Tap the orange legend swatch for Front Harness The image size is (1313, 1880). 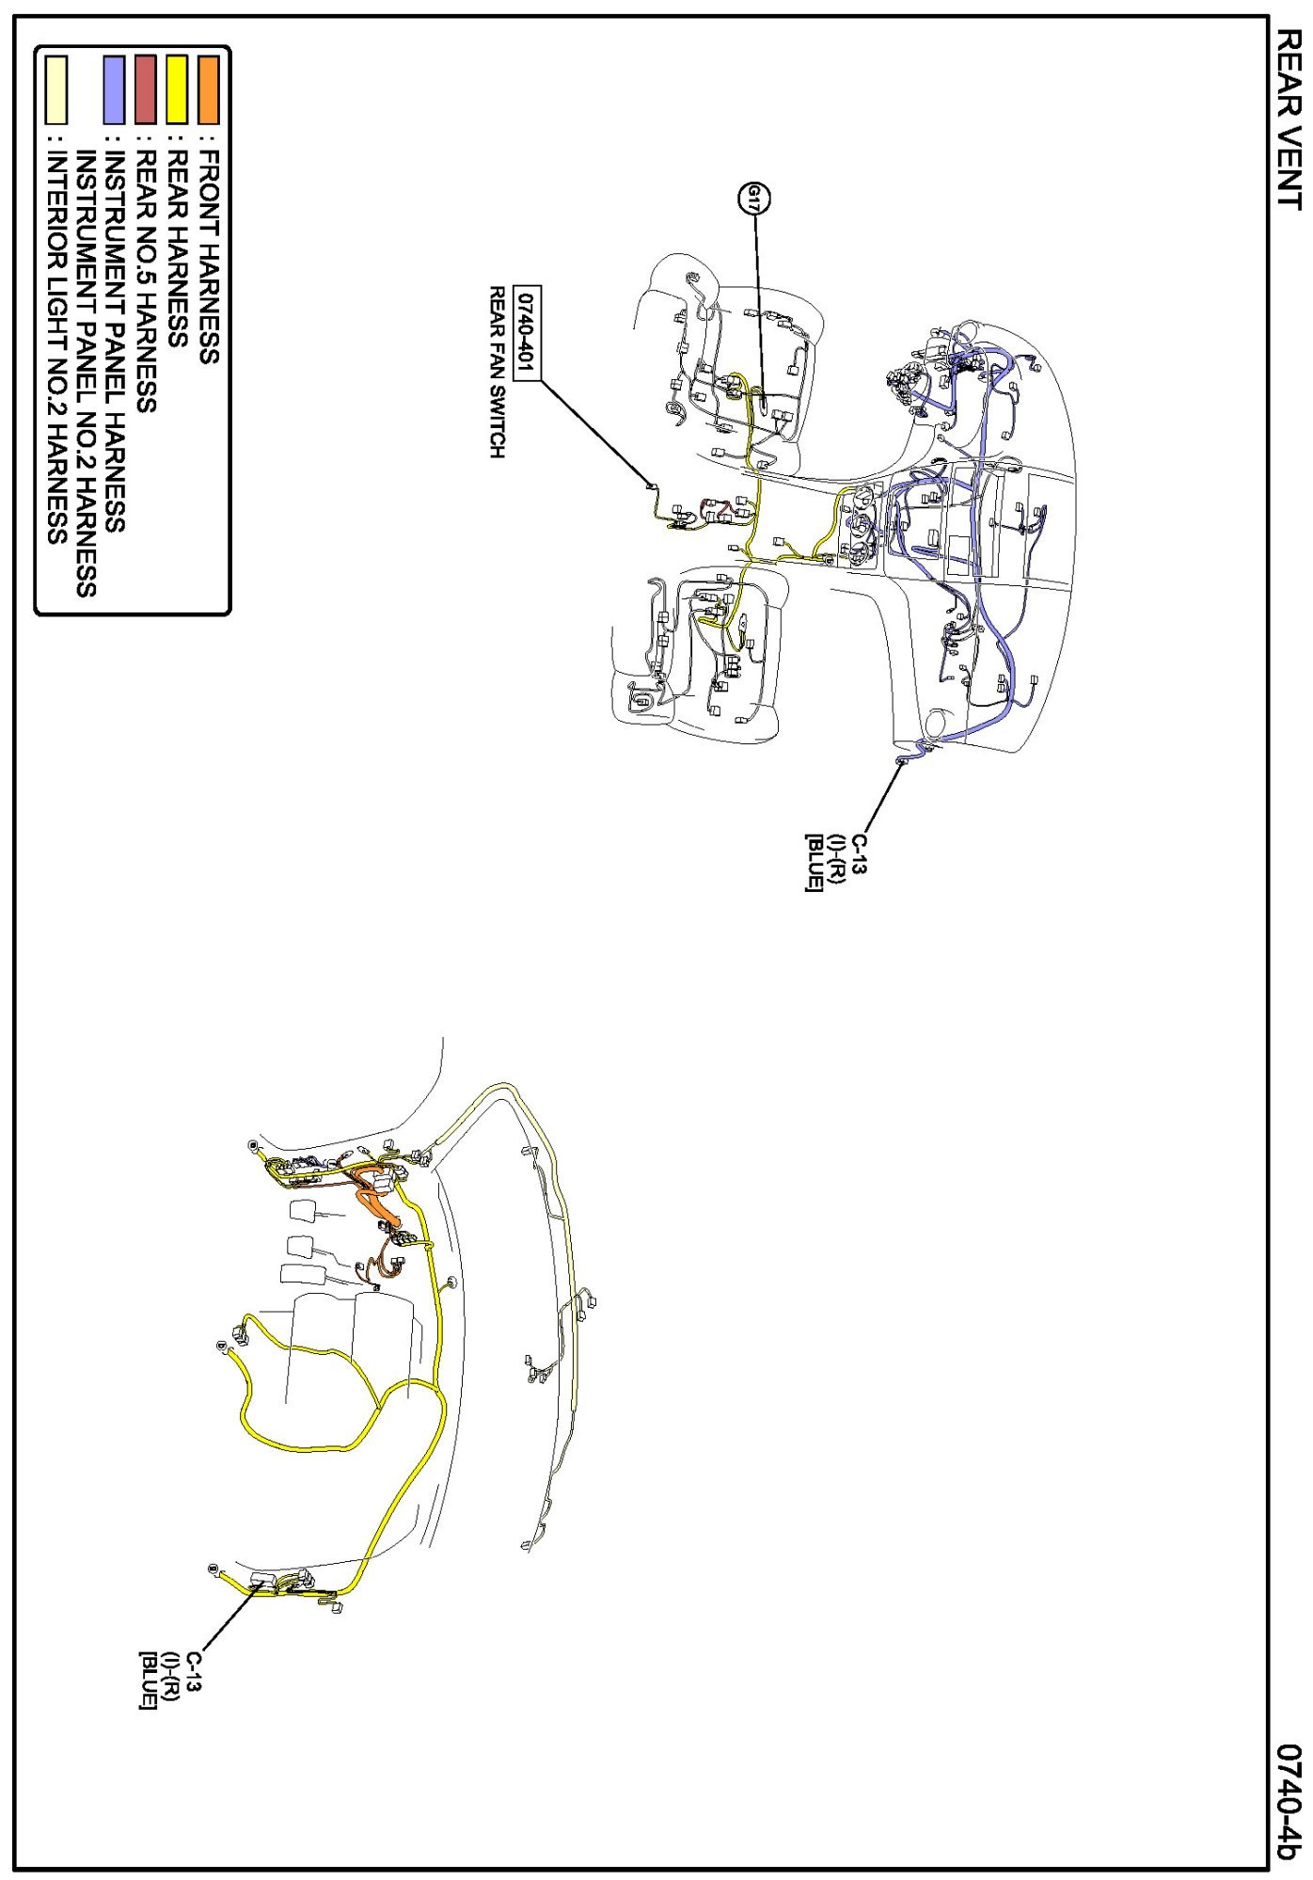pos(208,90)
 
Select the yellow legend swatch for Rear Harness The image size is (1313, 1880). pos(177,90)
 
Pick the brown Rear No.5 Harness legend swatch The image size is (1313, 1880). pos(145,90)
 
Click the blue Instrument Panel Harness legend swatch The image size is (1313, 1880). pos(114,90)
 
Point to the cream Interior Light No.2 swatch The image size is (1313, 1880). pos(56,90)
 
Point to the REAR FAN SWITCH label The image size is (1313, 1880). pos(497,373)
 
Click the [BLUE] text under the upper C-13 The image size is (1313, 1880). pos(814,863)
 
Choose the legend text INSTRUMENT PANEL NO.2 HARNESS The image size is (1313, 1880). pos(86,374)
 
